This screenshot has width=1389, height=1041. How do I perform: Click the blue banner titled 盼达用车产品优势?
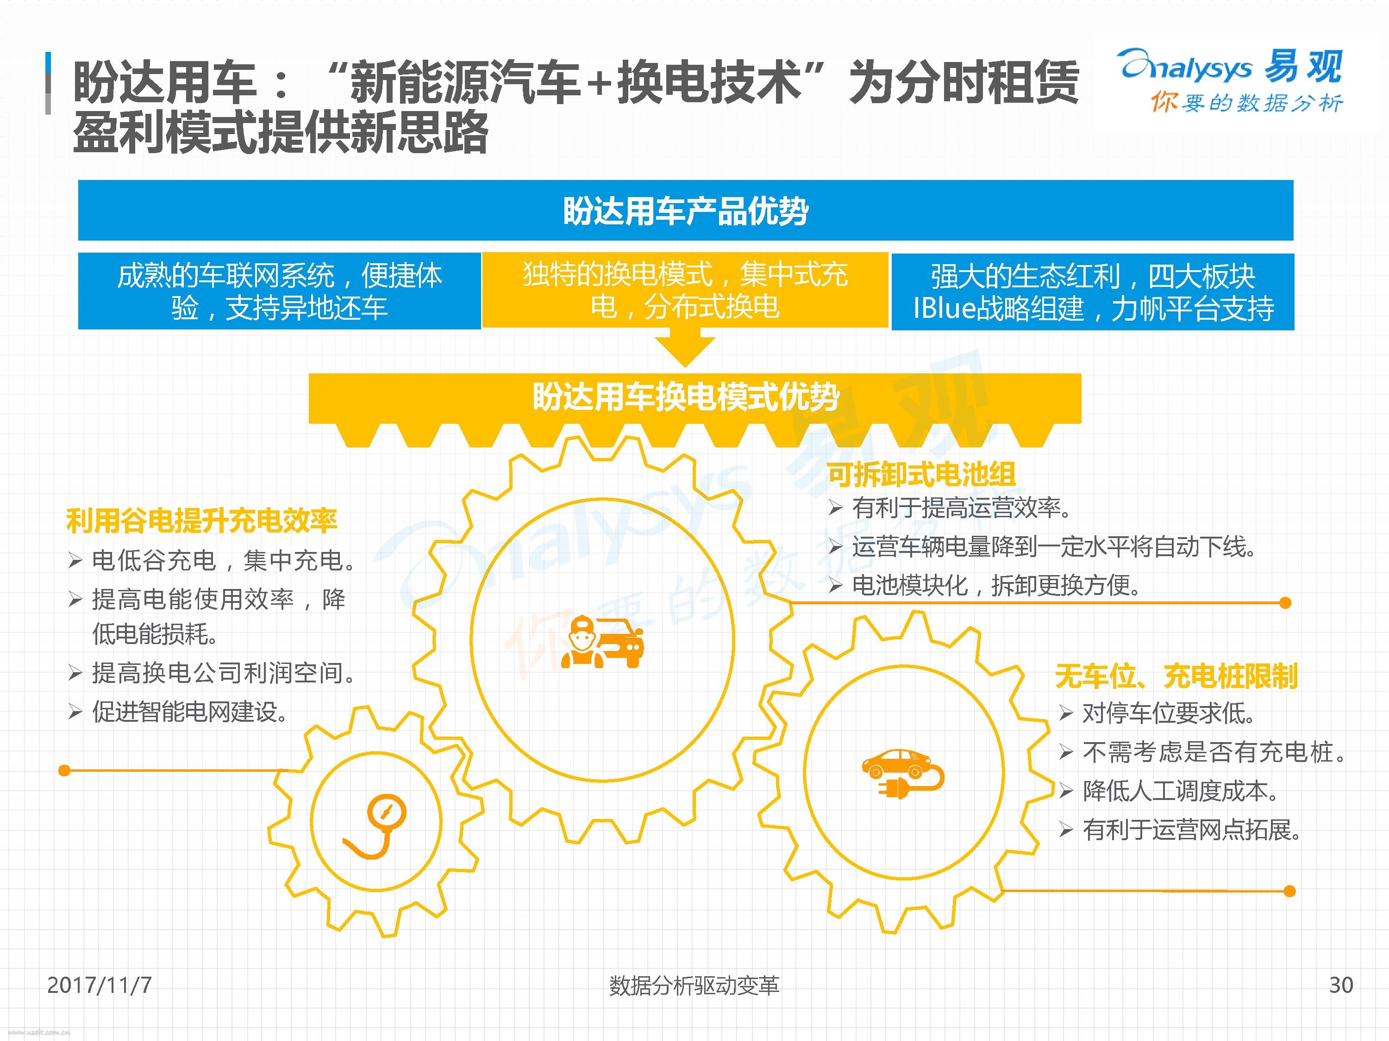coord(686,210)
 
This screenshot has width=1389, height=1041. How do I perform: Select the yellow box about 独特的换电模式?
coord(685,290)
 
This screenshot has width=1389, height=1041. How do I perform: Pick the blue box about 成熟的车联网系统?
coord(280,291)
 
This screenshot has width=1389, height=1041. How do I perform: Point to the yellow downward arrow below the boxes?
coord(685,351)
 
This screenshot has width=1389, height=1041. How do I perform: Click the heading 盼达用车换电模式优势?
coord(686,397)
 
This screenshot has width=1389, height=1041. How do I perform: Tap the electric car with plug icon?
coord(902,774)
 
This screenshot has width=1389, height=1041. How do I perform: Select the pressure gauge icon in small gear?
coord(375,827)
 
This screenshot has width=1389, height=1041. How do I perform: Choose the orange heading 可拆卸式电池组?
coord(921,474)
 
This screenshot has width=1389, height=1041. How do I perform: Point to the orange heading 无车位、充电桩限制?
coord(1176,676)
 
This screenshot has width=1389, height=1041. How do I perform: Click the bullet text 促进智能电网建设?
coord(190,712)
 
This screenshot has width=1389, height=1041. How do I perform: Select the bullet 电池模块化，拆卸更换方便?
coord(996,585)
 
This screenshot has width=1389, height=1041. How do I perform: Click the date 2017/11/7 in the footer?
coord(99,985)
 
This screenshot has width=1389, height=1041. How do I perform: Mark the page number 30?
coord(1341,985)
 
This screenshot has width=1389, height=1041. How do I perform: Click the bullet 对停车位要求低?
coord(1169,713)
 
